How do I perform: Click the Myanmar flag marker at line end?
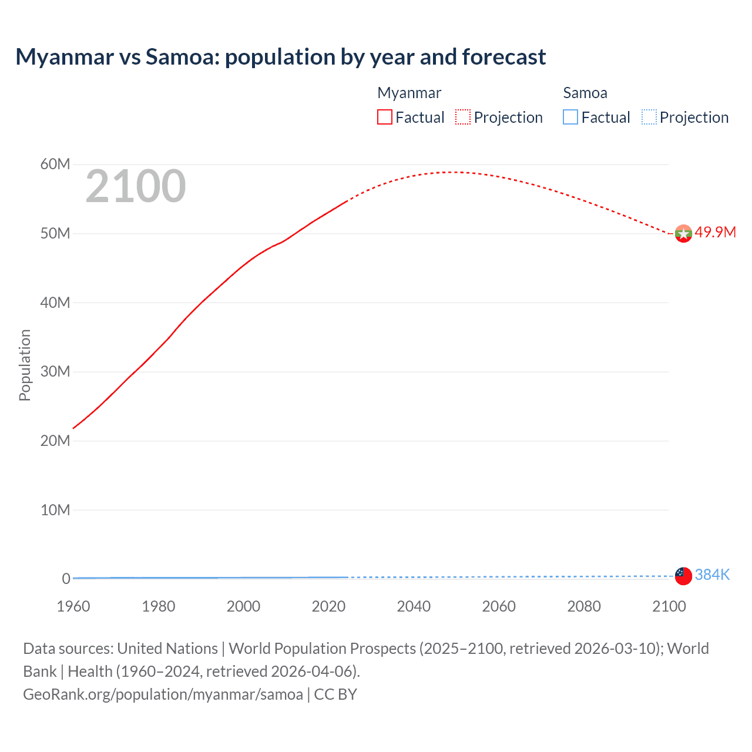683,234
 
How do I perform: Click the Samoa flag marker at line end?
683,576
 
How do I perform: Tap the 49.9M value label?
715,232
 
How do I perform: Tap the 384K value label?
712,575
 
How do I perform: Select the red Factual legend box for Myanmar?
385,117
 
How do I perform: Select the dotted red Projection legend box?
463,117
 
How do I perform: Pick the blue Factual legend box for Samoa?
570,117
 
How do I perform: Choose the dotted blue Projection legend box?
649,117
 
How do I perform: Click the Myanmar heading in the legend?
409,93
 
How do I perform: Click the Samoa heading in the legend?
585,93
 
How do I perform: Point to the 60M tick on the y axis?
55,164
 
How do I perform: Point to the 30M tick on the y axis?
55,371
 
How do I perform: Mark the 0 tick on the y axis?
66,579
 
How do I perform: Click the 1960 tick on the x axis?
73,606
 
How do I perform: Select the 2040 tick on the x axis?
414,606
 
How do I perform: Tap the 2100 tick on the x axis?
669,606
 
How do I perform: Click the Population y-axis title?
25,365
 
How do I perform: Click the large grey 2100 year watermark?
136,186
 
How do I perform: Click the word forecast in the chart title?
504,57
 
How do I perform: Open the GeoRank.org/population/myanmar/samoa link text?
163,694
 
